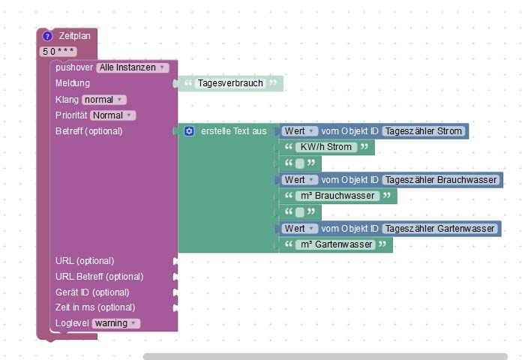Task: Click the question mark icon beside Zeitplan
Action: [x=47, y=36]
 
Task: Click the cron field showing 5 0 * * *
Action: [x=58, y=51]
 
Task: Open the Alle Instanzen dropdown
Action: [x=132, y=67]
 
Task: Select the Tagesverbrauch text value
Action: [x=231, y=83]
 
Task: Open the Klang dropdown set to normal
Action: [x=103, y=99]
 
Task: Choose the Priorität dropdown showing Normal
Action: [x=112, y=115]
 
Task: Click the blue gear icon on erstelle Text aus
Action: [x=189, y=131]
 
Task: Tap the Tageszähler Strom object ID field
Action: [x=424, y=131]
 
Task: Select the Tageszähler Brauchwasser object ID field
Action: [x=440, y=180]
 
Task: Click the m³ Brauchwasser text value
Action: [x=336, y=196]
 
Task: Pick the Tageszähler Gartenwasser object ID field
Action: [x=439, y=229]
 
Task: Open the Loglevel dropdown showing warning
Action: [x=115, y=323]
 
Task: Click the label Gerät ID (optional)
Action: [x=92, y=292]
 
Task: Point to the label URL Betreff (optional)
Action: [x=100, y=277]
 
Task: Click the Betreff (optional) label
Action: [x=88, y=131]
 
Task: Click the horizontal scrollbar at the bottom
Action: [x=325, y=356]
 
